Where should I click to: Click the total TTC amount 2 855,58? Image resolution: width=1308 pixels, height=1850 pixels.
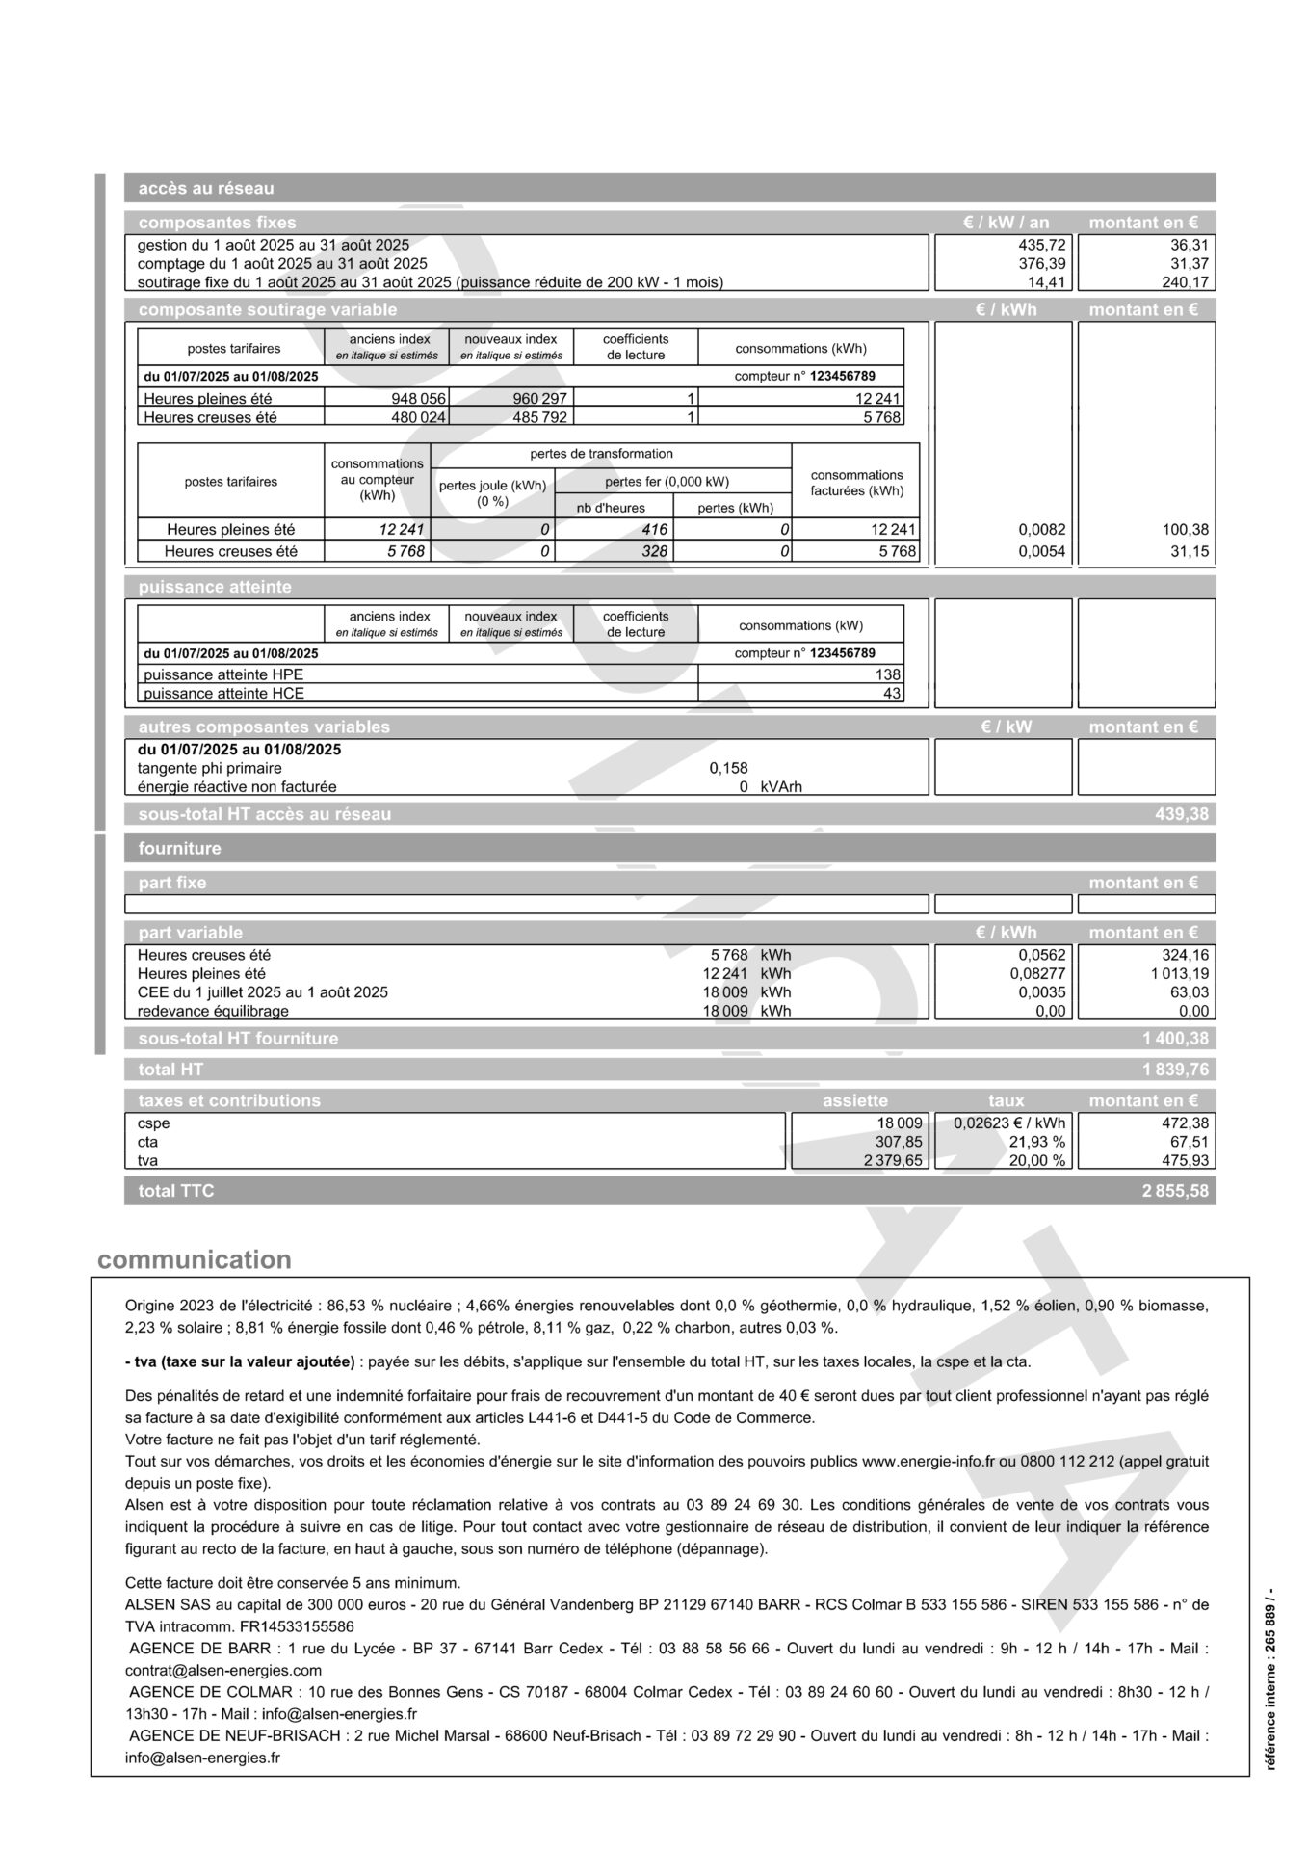point(1174,1191)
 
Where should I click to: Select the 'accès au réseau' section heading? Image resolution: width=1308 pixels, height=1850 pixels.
point(205,188)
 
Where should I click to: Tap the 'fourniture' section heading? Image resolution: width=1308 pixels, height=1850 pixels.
point(179,849)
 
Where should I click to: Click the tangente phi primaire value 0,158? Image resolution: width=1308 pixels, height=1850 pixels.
point(728,768)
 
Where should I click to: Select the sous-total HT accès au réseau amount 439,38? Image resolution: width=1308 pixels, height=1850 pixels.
point(1181,815)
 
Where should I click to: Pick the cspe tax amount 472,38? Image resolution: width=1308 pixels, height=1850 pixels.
point(1185,1123)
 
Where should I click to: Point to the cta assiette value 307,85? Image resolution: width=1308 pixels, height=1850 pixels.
point(898,1142)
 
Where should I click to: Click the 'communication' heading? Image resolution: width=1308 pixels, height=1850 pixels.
point(194,1260)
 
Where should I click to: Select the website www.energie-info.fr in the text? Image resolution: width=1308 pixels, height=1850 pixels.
point(927,1462)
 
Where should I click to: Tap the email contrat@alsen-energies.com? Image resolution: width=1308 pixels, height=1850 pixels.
point(223,1671)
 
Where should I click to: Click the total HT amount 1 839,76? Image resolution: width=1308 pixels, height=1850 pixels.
point(1174,1070)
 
